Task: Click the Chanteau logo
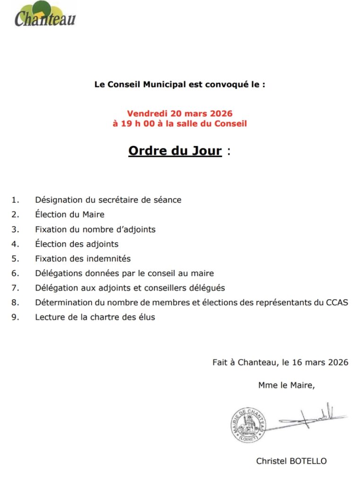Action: pyautogui.click(x=44, y=16)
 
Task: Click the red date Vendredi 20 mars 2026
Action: pyautogui.click(x=180, y=114)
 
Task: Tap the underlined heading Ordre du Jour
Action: pyautogui.click(x=175, y=151)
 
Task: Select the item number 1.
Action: pyautogui.click(x=15, y=200)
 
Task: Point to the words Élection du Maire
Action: pyautogui.click(x=69, y=215)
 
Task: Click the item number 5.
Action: pyautogui.click(x=15, y=259)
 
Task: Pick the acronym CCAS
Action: pyautogui.click(x=337, y=302)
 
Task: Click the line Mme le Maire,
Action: pyautogui.click(x=286, y=385)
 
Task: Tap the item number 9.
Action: pyautogui.click(x=15, y=317)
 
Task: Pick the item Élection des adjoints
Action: pyautogui.click(x=77, y=244)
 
